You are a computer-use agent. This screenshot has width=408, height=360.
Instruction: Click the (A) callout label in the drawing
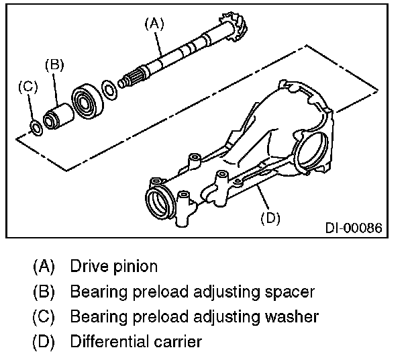[154, 24]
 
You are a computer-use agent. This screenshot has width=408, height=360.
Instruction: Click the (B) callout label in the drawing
[54, 65]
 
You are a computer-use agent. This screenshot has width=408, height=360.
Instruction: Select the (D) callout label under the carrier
[269, 218]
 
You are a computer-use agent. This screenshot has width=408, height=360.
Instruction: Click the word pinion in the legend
[134, 266]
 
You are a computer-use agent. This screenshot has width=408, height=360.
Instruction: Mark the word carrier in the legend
[178, 341]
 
